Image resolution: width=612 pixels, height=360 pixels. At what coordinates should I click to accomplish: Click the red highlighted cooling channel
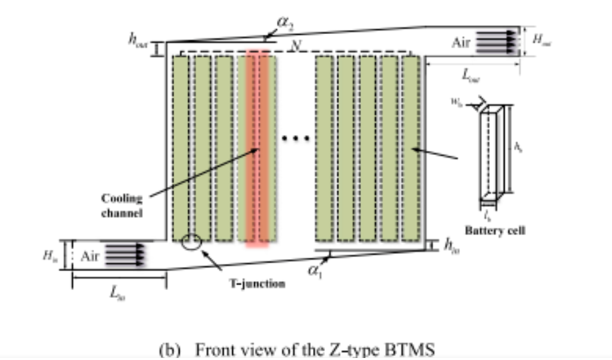pyautogui.click(x=258, y=147)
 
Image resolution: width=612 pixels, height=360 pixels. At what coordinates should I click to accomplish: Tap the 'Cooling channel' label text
pyautogui.click(x=121, y=204)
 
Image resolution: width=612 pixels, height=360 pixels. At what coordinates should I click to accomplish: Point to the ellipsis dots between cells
pyautogui.click(x=294, y=139)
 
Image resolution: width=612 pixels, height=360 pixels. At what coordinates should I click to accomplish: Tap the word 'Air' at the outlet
pyautogui.click(x=461, y=42)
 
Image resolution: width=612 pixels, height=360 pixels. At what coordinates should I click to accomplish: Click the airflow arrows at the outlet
pyautogui.click(x=498, y=40)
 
